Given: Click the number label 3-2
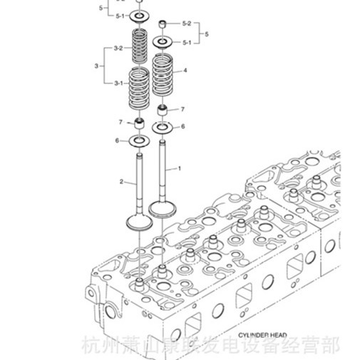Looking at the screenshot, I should point(119,48).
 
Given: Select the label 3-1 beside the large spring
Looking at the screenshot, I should point(119,84).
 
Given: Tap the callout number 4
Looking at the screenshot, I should point(185,71).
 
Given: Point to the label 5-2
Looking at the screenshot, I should point(186,24).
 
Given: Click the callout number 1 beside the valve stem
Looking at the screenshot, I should point(180,169).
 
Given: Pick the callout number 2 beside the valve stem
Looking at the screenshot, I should point(122,182).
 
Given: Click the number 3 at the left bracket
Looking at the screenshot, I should point(96,66).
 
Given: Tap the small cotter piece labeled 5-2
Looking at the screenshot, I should point(163,25).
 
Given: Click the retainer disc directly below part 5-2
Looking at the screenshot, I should point(163,42).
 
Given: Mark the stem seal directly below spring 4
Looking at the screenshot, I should point(163,110).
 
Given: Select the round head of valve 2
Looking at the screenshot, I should point(138,221).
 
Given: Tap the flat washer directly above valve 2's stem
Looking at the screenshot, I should point(139,140).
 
